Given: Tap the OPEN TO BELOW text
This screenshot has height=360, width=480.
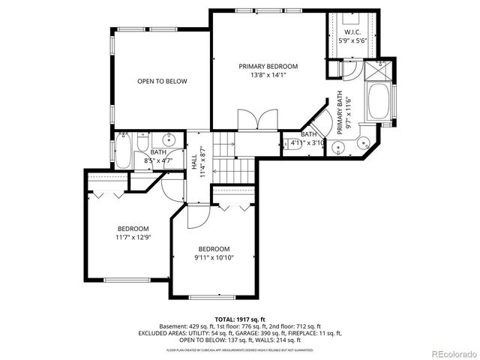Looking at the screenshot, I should (162, 82).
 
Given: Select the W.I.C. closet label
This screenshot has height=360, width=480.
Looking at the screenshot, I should (352, 32).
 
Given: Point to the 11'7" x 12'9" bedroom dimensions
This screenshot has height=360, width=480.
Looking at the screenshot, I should (132, 238).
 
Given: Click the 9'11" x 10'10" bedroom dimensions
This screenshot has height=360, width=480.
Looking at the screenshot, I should (214, 258).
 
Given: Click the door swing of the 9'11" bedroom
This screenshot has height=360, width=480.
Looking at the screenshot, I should (195, 217).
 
